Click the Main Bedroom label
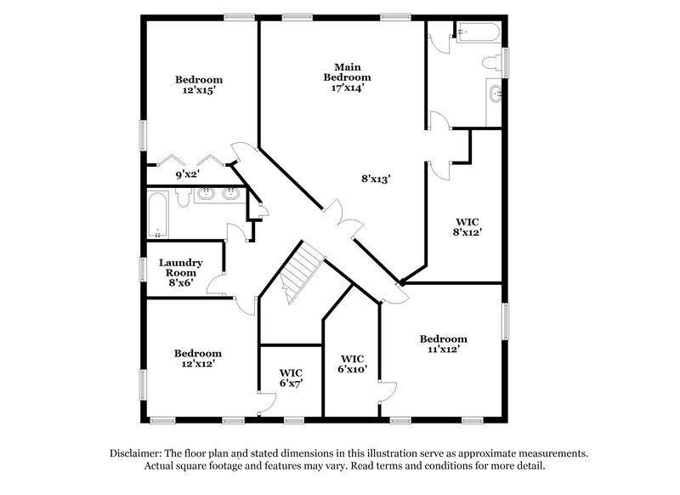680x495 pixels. (347, 71)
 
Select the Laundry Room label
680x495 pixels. (181, 268)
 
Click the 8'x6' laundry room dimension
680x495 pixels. (181, 283)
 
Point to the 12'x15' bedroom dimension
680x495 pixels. (198, 91)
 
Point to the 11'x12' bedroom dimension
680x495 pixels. (443, 350)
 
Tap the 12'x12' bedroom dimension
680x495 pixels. (198, 364)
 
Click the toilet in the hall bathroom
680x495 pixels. (183, 196)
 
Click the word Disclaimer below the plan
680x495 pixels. (135, 453)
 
